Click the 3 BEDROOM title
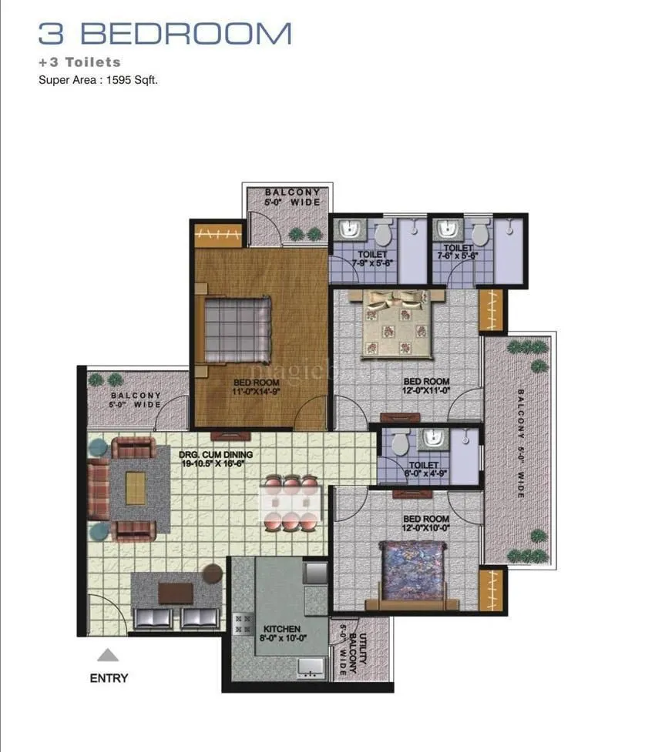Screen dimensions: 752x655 (166, 34)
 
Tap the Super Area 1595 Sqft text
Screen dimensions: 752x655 (98, 79)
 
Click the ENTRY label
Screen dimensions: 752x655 (109, 678)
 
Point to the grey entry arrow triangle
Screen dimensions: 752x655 (109, 655)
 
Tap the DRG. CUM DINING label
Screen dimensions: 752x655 (217, 460)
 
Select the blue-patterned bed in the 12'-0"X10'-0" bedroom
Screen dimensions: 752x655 (414, 572)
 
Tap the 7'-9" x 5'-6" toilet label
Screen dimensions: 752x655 (372, 259)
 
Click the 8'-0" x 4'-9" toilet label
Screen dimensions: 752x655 (424, 470)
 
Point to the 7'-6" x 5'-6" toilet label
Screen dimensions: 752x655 (458, 252)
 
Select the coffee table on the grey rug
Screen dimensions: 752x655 (136, 488)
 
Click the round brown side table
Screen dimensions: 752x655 (213, 572)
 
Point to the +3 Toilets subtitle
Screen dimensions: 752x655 (79, 62)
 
